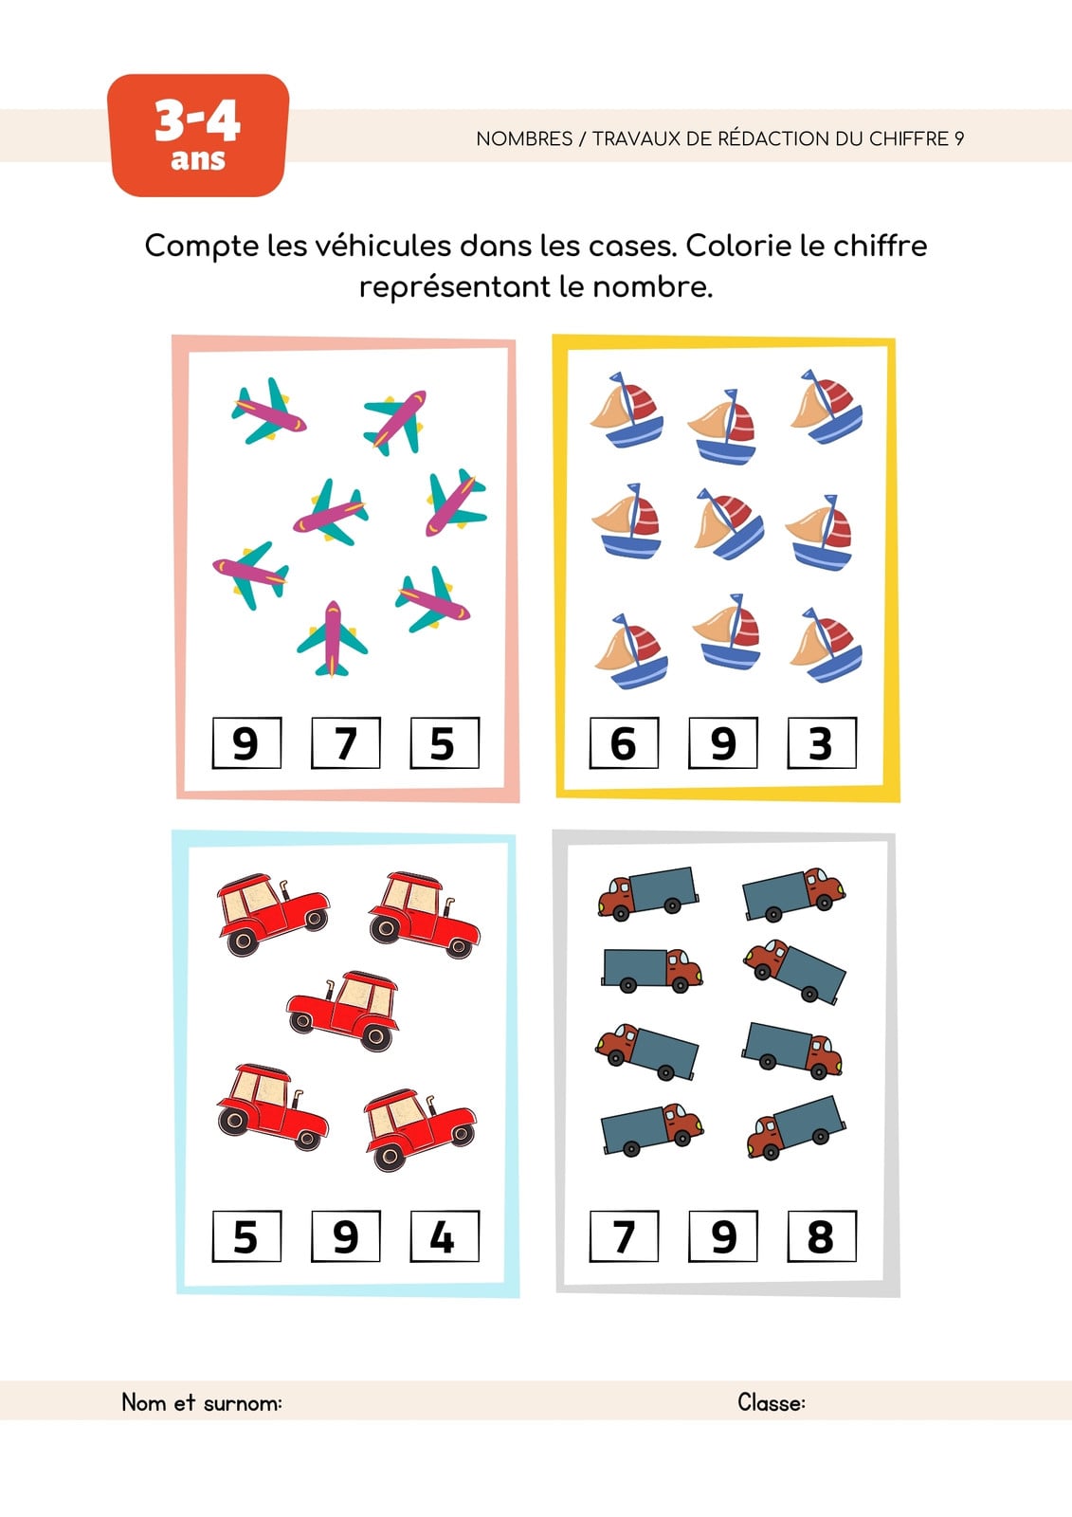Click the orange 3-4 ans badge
point(198,136)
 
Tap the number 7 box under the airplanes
point(346,743)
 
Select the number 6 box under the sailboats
point(624,743)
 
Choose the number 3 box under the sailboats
point(822,743)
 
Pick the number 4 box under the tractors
point(445,1236)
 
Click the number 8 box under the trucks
point(822,1236)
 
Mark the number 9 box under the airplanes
point(246,743)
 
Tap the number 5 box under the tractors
point(246,1236)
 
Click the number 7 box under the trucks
point(624,1236)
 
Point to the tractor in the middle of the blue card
point(343,1010)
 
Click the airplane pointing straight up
point(332,639)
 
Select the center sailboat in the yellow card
point(729,522)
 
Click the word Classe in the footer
point(772,1402)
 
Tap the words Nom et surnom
point(202,1402)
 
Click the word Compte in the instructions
point(202,247)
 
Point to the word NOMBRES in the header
point(524,138)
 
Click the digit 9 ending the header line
point(959,138)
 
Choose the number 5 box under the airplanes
point(445,743)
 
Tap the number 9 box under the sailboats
point(723,743)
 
